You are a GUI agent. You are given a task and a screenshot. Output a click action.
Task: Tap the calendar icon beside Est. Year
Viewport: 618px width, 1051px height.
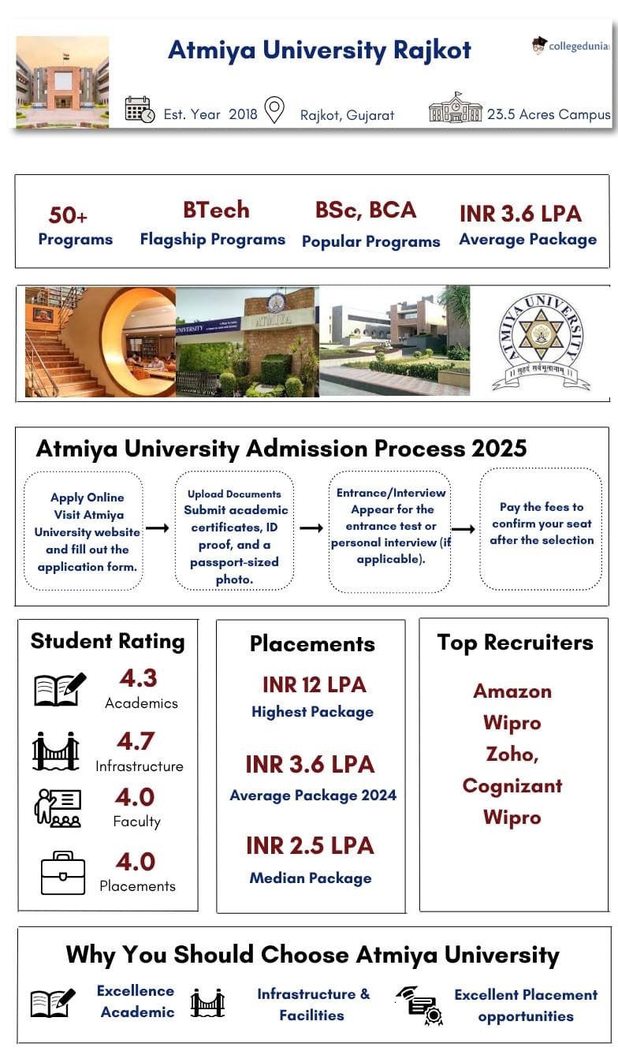pyautogui.click(x=140, y=110)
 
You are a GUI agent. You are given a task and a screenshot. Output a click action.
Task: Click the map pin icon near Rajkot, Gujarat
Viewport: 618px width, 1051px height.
pyautogui.click(x=274, y=110)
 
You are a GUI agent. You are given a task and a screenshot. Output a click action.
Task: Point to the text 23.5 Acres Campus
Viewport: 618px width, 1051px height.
pyautogui.click(x=548, y=114)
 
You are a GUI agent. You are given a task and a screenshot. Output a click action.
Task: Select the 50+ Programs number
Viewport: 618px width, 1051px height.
pyautogui.click(x=68, y=215)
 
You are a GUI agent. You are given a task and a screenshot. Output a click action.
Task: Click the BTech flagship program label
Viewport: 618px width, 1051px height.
pyautogui.click(x=216, y=211)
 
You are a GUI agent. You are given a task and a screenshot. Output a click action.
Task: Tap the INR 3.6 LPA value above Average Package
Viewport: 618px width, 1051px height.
pyautogui.click(x=520, y=214)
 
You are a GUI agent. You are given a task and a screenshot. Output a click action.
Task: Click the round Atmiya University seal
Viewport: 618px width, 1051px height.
pyautogui.click(x=540, y=341)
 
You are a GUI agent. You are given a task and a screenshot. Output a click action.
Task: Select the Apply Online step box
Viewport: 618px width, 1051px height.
pyautogui.click(x=84, y=531)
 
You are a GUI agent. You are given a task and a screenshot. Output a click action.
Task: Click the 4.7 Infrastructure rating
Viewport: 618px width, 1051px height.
pyautogui.click(x=136, y=741)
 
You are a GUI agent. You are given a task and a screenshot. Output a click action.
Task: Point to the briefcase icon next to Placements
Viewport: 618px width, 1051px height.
pyautogui.click(x=62, y=873)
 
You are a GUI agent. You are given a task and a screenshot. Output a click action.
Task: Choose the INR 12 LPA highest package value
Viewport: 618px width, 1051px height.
pyautogui.click(x=314, y=684)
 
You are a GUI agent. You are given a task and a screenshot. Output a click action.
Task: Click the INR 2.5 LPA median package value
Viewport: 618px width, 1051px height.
pyautogui.click(x=309, y=845)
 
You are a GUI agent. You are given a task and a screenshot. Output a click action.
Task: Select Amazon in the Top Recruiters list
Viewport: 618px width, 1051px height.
pyautogui.click(x=512, y=691)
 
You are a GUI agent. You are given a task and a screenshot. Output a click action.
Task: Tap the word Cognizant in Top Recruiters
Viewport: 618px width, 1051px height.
pyautogui.click(x=512, y=786)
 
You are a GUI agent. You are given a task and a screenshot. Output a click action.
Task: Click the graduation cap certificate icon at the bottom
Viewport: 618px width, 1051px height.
pyautogui.click(x=419, y=1005)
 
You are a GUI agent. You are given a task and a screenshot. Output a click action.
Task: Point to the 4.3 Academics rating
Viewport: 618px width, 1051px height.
pyautogui.click(x=139, y=678)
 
